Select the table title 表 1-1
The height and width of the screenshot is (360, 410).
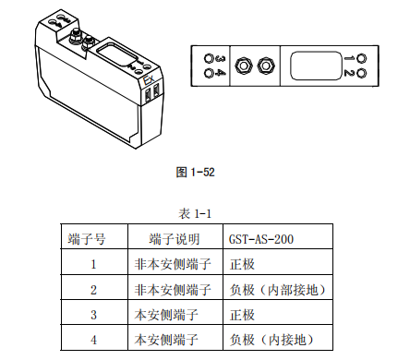pyautogui.click(x=196, y=213)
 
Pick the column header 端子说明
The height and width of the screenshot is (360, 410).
pyautogui.click(x=174, y=238)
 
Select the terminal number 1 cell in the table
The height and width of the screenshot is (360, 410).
pyautogui.click(x=93, y=264)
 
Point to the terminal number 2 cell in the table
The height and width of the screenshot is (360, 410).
pyautogui.click(x=93, y=290)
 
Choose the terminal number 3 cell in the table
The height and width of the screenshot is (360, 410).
pyautogui.click(x=93, y=315)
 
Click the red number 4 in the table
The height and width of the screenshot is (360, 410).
pyautogui.click(x=93, y=340)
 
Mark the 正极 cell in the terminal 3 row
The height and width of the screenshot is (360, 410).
pyautogui.click(x=240, y=315)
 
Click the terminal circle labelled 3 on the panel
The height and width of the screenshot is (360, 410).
pyautogui.click(x=208, y=57)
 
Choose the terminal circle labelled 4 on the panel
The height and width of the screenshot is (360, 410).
pyautogui.click(x=208, y=74)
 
